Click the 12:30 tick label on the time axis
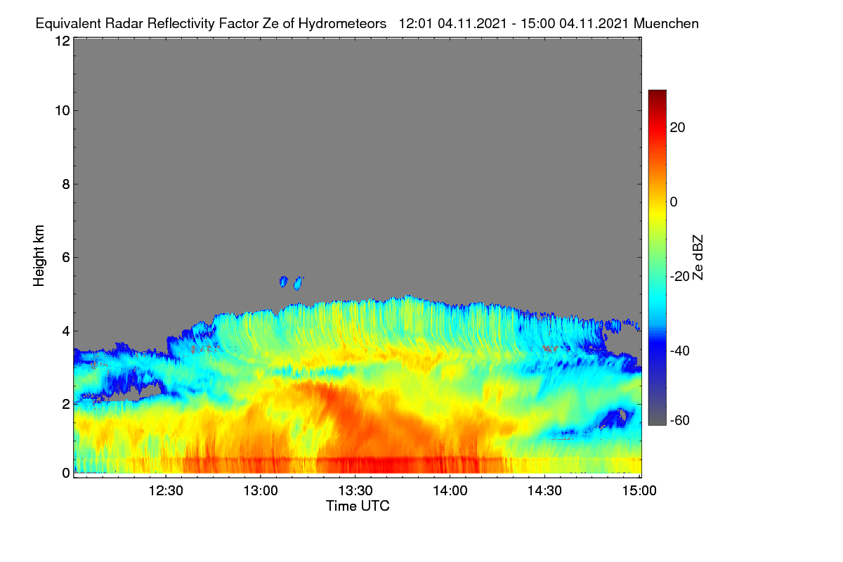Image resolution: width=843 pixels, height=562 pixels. [166, 491]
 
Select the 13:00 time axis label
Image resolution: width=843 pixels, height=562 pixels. [261, 491]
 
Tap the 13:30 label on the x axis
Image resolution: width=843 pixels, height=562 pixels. [355, 491]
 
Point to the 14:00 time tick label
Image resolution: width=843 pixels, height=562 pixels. [450, 491]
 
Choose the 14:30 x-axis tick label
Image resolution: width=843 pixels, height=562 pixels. [544, 491]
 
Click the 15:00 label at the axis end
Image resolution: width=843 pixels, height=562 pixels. [639, 491]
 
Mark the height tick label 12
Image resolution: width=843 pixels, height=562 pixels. [63, 41]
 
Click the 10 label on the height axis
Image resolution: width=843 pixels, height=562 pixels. [63, 111]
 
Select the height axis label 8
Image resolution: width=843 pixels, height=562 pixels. [66, 184]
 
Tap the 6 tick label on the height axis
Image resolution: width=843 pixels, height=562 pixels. [66, 258]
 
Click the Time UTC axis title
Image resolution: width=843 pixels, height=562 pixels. [358, 506]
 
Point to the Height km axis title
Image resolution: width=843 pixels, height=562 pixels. [39, 256]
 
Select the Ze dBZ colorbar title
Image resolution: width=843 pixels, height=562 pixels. [698, 258]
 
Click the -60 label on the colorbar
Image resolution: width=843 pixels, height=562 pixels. [680, 421]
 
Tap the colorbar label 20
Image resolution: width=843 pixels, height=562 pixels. [677, 128]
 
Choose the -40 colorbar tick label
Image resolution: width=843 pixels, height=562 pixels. [680, 351]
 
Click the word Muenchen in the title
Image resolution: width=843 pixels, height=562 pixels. [666, 24]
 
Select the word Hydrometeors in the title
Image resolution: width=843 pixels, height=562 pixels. [342, 24]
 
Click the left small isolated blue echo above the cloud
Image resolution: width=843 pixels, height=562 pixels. [283, 281]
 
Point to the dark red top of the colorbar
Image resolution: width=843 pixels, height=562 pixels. [657, 94]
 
